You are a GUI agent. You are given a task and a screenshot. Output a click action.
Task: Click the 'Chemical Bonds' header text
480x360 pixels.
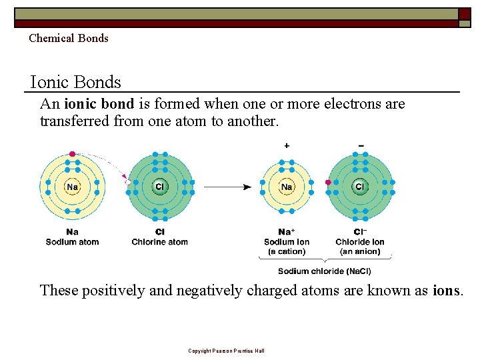click(x=68, y=38)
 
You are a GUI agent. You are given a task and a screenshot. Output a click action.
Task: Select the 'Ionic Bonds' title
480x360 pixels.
click(x=76, y=82)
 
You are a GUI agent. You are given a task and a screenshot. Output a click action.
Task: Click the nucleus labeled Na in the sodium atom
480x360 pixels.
click(x=72, y=187)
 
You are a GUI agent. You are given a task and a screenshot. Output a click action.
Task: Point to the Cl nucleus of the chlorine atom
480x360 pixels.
click(x=160, y=187)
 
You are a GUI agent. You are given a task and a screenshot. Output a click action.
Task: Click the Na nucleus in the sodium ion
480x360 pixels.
click(x=287, y=187)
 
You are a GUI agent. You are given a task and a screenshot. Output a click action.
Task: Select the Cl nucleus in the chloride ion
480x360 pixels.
click(x=360, y=187)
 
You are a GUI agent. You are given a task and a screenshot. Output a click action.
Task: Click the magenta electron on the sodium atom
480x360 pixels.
click(x=72, y=154)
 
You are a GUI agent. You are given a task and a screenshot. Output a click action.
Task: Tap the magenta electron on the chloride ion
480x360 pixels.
click(x=328, y=182)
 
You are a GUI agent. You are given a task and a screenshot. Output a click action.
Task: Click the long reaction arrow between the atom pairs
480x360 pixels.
click(x=227, y=187)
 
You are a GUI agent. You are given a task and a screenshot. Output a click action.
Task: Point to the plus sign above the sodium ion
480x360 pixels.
click(x=287, y=145)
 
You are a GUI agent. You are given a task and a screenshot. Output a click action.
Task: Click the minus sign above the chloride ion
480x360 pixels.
click(x=361, y=145)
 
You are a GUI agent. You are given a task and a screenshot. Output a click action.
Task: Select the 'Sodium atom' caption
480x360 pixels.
click(x=72, y=242)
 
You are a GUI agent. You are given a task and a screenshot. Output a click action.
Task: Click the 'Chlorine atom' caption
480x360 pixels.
click(x=160, y=242)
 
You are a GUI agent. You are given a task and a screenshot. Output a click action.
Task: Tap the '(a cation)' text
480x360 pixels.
click(x=287, y=252)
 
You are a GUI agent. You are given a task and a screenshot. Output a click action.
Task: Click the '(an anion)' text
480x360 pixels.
click(x=360, y=252)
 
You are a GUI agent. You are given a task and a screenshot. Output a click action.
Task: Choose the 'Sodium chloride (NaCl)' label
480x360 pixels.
click(x=325, y=271)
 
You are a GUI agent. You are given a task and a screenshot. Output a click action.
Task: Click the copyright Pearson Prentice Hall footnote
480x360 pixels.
click(x=226, y=351)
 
